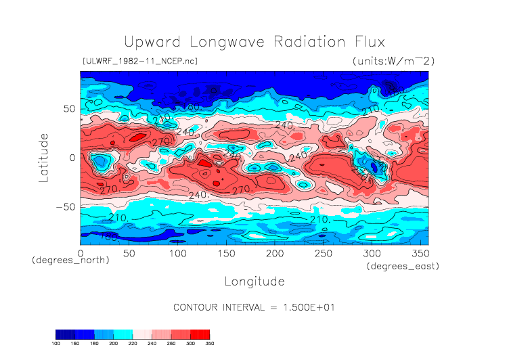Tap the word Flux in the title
369,42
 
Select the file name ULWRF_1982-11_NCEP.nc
139,62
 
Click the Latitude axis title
44,157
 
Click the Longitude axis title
254,281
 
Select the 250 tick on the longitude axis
323,253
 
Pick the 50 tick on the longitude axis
129,253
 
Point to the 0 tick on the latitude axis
72,158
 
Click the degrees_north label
70,261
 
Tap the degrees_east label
403,267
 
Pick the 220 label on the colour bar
133,344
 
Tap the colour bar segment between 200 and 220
123,334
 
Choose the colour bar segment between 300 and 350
200,334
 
